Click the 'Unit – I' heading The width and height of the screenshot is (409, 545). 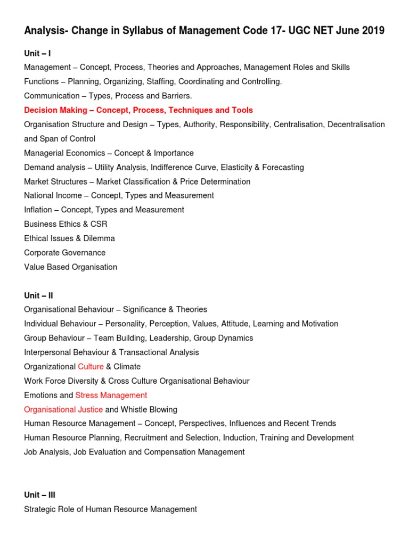pos(37,53)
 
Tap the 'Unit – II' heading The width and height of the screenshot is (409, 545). pos(38,295)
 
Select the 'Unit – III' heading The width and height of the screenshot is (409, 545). pos(39,495)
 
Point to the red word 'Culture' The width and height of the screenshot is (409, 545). pos(91,367)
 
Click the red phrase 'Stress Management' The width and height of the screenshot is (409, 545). pos(111,395)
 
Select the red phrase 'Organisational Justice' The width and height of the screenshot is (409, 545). pos(63,410)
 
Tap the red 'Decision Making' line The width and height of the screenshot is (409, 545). pos(138,110)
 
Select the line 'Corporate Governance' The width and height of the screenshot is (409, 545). pos(65,253)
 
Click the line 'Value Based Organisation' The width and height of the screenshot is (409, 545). pos(70,267)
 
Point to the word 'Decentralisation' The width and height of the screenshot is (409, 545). pos(356,125)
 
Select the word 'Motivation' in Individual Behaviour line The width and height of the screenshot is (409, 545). pos(314,324)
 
